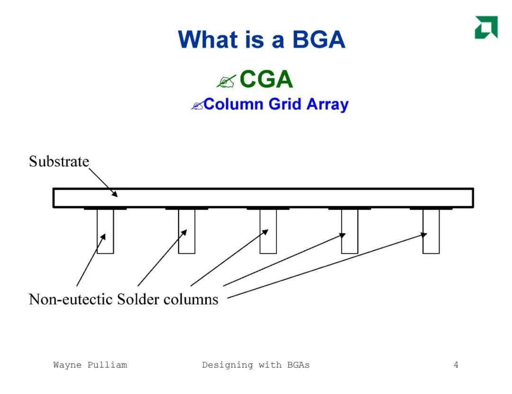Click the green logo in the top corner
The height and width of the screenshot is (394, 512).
(x=486, y=27)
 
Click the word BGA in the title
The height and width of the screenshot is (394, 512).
(x=319, y=39)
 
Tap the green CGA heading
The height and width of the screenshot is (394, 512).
(x=266, y=79)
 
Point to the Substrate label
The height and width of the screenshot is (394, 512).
(x=59, y=161)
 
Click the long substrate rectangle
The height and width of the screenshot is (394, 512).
(x=263, y=198)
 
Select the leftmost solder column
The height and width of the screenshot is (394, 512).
(x=105, y=231)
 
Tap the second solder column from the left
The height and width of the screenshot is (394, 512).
(x=186, y=231)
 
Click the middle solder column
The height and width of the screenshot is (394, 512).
(x=268, y=231)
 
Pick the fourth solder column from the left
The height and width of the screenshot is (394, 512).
(x=349, y=231)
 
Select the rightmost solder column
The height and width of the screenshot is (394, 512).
(x=431, y=231)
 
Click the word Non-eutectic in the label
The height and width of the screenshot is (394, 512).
(x=71, y=299)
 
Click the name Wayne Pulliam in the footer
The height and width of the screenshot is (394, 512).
(x=90, y=365)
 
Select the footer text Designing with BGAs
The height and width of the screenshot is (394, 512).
(x=256, y=365)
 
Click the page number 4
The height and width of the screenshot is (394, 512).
(x=456, y=365)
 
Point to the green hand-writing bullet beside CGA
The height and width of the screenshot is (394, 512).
(x=226, y=82)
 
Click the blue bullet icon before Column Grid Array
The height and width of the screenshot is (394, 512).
(x=197, y=105)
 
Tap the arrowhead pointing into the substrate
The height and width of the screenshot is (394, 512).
(x=114, y=193)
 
